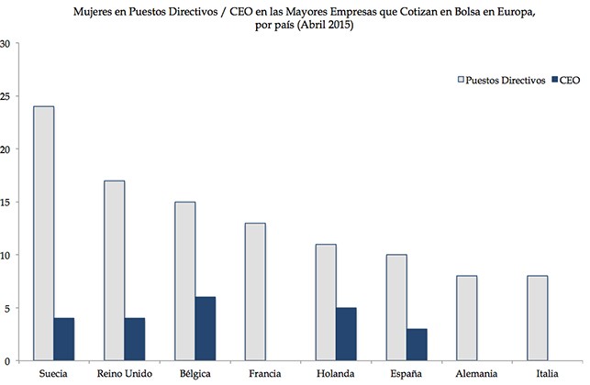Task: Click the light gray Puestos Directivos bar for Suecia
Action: (x=43, y=233)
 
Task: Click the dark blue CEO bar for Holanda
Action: (x=345, y=333)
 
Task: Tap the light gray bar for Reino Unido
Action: (x=115, y=269)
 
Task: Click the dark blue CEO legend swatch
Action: (x=556, y=81)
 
